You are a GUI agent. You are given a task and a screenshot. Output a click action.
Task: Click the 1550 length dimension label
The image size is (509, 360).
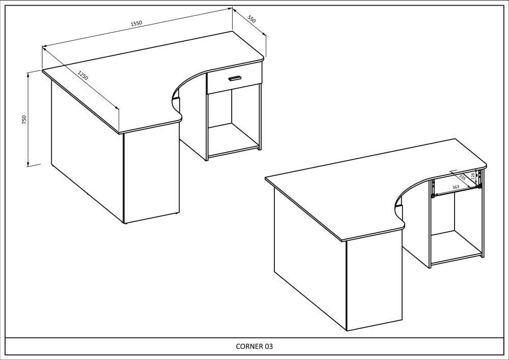136,23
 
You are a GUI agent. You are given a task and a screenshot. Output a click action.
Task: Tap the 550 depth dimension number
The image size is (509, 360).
252,19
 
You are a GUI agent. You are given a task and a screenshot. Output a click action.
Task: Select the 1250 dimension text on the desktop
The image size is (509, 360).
83,75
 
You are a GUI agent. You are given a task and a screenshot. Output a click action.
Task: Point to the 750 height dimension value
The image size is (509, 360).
24,120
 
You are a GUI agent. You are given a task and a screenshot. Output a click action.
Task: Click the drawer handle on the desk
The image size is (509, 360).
235,78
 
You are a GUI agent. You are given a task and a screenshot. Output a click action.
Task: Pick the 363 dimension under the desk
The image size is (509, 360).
456,187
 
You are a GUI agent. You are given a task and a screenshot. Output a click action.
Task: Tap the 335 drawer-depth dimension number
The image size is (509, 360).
463,177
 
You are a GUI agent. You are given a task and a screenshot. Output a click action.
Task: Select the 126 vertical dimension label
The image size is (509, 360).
473,176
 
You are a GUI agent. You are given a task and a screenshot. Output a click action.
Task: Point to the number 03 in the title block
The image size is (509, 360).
269,346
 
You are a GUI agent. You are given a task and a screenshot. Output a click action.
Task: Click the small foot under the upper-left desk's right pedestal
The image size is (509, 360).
259,149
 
